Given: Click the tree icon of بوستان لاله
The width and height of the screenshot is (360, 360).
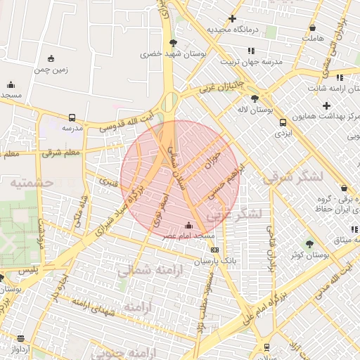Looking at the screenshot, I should tap(254, 98).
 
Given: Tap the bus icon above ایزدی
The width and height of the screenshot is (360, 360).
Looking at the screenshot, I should tap(282, 121).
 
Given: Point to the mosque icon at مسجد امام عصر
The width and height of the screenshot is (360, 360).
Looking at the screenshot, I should tap(188, 226).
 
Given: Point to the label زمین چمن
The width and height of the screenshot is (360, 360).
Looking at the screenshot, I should tap(51, 70).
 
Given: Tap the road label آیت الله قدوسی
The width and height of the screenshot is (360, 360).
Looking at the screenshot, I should tap(126, 121).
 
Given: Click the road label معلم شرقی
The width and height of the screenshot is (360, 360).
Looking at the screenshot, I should tap(62, 152).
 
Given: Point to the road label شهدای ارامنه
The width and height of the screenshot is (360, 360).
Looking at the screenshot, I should tap(93, 304).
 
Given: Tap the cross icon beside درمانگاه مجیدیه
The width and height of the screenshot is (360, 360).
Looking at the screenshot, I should tap(231, 19).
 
